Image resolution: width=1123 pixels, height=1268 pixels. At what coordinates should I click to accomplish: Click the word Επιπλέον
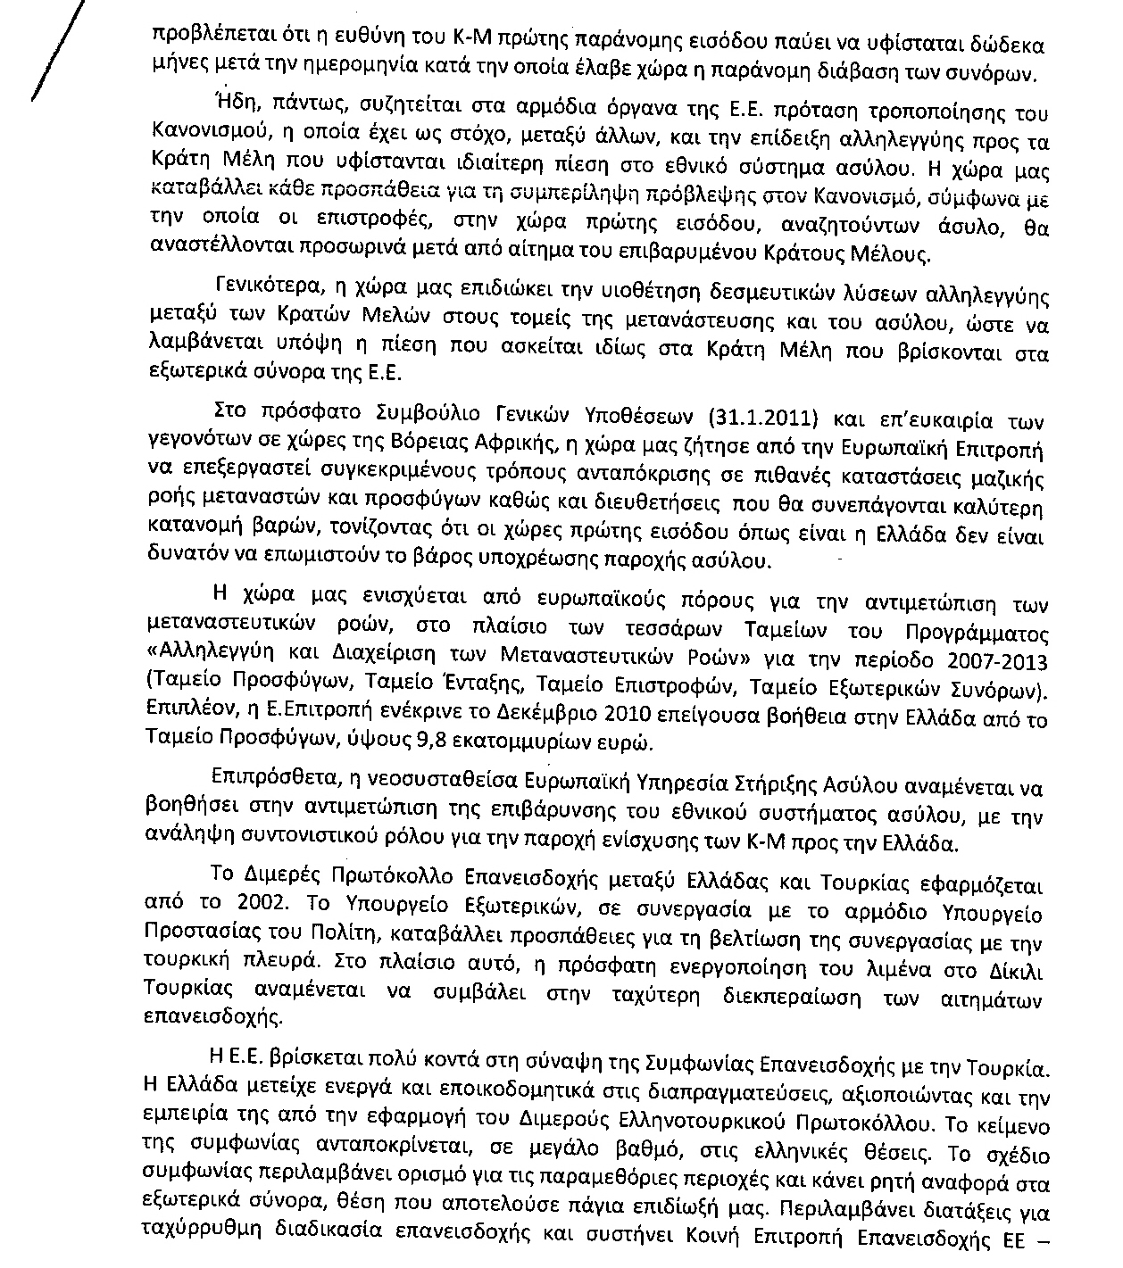[181, 718]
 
